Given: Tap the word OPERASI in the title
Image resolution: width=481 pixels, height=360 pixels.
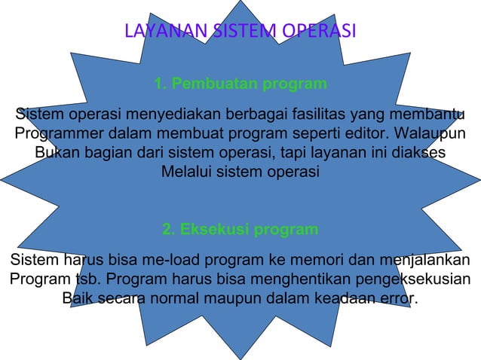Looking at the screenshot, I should click(x=317, y=32).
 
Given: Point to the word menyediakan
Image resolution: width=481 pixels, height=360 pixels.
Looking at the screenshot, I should click(x=167, y=115).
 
